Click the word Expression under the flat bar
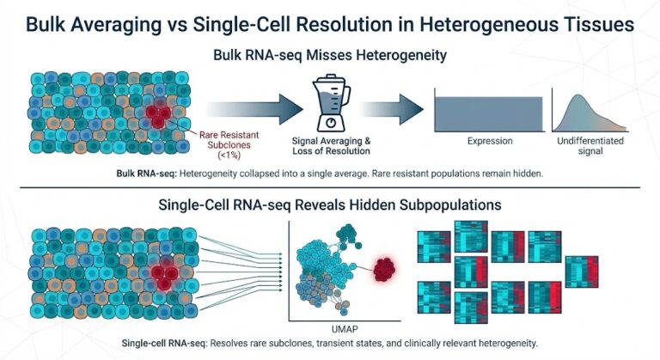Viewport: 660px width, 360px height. [490, 139]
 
